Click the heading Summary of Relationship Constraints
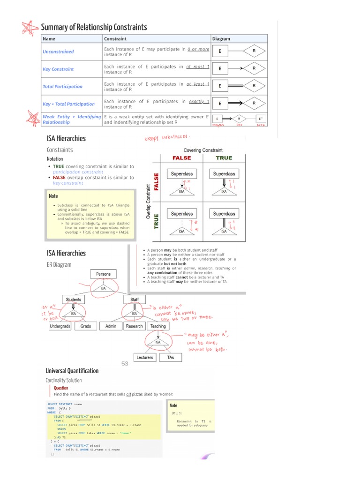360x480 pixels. click(x=94, y=27)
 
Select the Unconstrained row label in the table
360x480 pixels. click(x=58, y=52)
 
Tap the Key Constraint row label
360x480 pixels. click(x=58, y=69)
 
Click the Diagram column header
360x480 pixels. click(x=221, y=39)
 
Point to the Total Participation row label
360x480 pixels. click(x=62, y=86)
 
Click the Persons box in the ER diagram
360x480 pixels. click(x=103, y=274)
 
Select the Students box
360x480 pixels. click(x=74, y=300)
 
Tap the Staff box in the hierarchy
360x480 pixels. click(x=135, y=300)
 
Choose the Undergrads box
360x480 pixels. click(x=60, y=326)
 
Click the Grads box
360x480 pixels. click(x=86, y=326)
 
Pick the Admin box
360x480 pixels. click(x=111, y=326)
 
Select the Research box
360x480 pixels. click(x=135, y=326)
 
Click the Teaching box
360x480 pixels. click(x=158, y=326)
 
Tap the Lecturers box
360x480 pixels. click(x=145, y=357)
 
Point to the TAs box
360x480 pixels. click(x=171, y=357)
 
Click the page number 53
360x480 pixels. click(x=125, y=363)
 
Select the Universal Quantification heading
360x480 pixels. click(x=72, y=371)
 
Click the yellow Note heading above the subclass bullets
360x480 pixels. click(x=53, y=196)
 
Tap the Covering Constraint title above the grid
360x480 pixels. click(x=203, y=150)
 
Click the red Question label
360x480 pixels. click(x=61, y=388)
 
